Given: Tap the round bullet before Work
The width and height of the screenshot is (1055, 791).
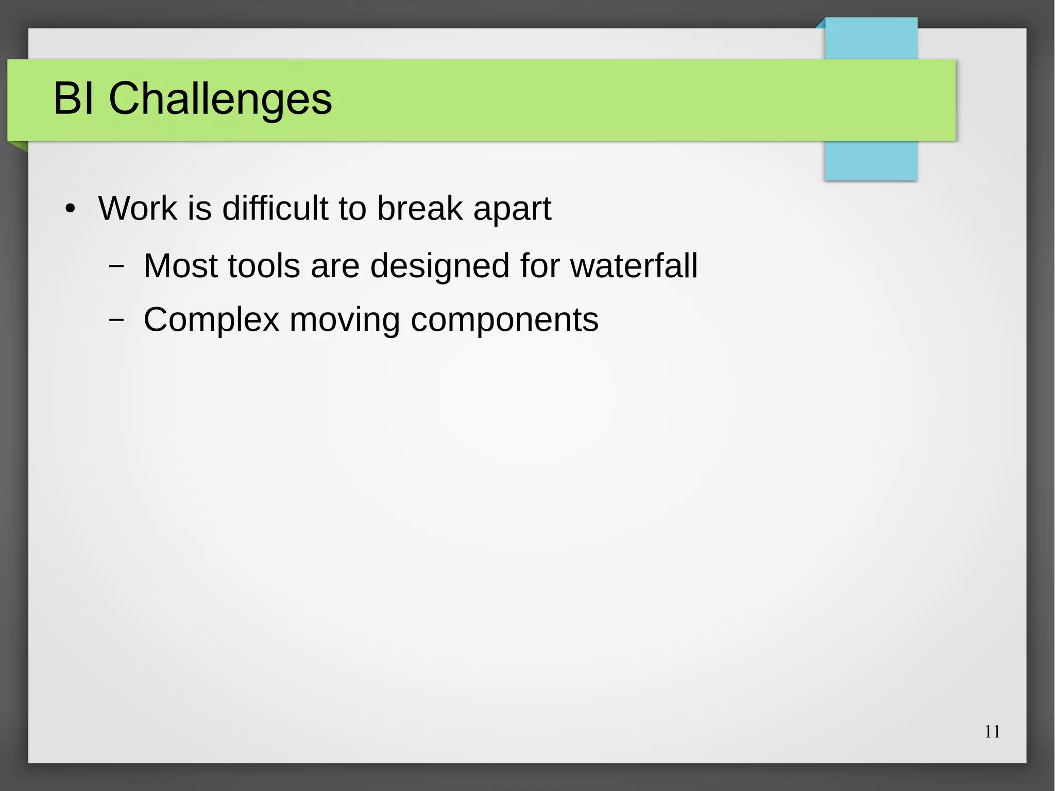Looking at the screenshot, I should (x=70, y=209).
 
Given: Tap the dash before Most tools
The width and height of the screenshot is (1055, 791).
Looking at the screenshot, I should (x=116, y=266).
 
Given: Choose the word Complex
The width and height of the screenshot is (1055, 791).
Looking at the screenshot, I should (x=211, y=321).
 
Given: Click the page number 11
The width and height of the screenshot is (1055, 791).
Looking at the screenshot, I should (x=992, y=732).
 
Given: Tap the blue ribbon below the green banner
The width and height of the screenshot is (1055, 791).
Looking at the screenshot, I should (x=871, y=161).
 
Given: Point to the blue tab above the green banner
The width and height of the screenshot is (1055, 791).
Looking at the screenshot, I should (x=871, y=38).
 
